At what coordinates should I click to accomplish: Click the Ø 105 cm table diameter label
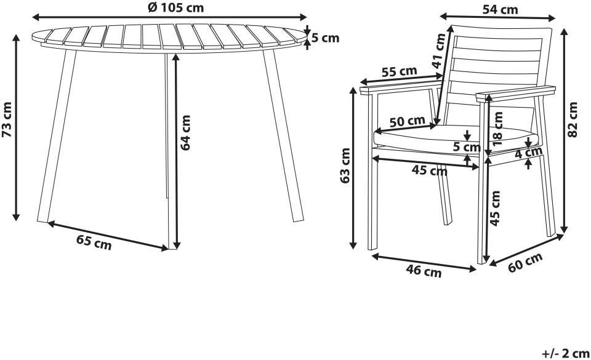pyautogui.click(x=175, y=7)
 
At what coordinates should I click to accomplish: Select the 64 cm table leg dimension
pyautogui.click(x=185, y=132)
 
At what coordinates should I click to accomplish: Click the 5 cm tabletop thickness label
pyautogui.click(x=326, y=38)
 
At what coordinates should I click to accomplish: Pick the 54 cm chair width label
pyautogui.click(x=500, y=10)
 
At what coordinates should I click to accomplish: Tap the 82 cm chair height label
pyautogui.click(x=573, y=120)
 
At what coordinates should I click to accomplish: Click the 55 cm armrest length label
pyautogui.click(x=399, y=71)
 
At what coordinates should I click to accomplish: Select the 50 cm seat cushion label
pyautogui.click(x=407, y=121)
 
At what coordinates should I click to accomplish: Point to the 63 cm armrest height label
pyautogui.click(x=345, y=166)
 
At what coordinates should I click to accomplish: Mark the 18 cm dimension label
pyautogui.click(x=497, y=129)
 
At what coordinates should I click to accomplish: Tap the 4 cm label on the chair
pyautogui.click(x=528, y=153)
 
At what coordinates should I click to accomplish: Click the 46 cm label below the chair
pyautogui.click(x=424, y=271)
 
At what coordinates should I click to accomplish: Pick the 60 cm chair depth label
pyautogui.click(x=525, y=262)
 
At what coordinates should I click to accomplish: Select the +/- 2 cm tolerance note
pyautogui.click(x=565, y=354)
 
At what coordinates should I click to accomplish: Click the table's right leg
pyautogui.click(x=283, y=135)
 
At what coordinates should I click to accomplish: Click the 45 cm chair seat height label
pyautogui.click(x=496, y=208)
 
